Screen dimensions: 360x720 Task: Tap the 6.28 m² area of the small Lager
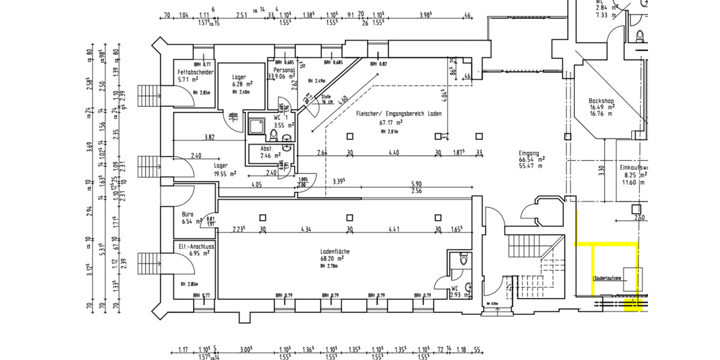tap(242, 85)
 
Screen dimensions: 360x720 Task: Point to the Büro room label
tap(187, 214)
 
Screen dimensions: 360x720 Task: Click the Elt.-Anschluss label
tap(197, 246)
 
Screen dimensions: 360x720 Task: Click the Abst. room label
tap(267, 148)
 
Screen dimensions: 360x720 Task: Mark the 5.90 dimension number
tap(417, 185)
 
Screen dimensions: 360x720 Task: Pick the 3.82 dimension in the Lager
tap(209, 137)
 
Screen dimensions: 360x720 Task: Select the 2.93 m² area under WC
tap(459, 295)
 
